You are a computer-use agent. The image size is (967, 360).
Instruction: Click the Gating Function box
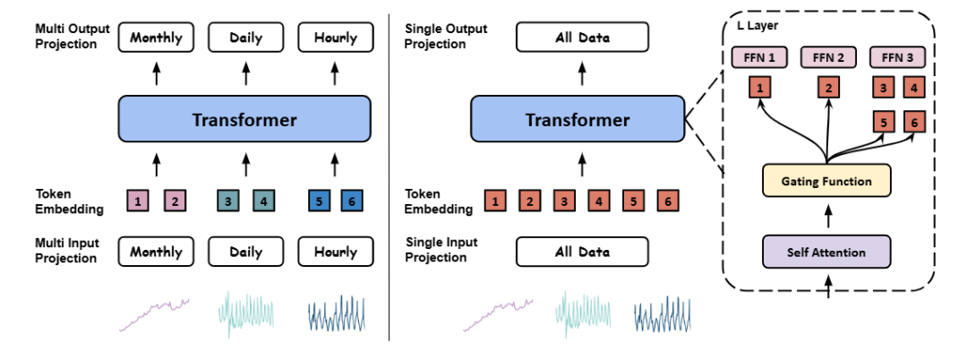coord(826,182)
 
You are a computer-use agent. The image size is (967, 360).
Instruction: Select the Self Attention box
coord(826,252)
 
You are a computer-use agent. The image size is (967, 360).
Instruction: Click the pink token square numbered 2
coord(174,202)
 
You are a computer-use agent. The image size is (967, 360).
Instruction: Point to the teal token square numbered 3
coord(228,202)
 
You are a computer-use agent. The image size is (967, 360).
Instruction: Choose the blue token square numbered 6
coord(352,202)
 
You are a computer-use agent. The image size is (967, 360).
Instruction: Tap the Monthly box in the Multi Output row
coord(156,38)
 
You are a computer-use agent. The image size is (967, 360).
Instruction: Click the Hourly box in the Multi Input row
coord(335,253)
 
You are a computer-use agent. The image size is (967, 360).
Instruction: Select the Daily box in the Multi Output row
coord(245,38)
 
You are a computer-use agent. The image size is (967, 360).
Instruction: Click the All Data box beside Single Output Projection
coord(582,38)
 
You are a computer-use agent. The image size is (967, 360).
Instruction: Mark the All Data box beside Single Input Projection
coord(582,253)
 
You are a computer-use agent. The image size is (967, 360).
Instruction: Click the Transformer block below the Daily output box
coord(244,119)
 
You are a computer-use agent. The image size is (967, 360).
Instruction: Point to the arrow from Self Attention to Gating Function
coord(826,217)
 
